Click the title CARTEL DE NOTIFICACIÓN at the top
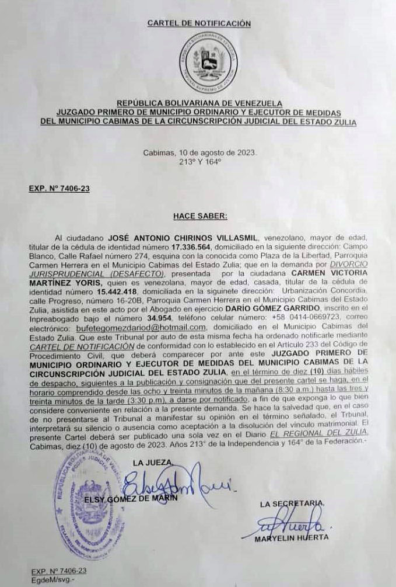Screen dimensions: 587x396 pos(199,23)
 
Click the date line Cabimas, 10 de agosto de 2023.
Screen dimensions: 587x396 pos(199,153)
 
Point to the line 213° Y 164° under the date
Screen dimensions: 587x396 pos(199,162)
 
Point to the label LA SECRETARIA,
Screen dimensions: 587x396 pos(292,503)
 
